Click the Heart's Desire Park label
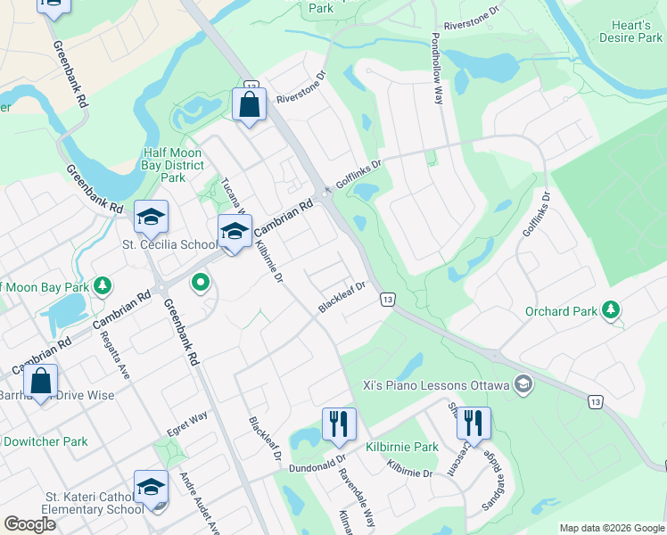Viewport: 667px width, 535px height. (x=630, y=31)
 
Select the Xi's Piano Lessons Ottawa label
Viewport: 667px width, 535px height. (x=435, y=386)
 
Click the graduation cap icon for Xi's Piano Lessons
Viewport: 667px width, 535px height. (x=523, y=385)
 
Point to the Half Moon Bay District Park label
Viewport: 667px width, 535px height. (x=172, y=165)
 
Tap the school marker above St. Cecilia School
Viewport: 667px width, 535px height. (x=151, y=217)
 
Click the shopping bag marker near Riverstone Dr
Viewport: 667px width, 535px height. (x=250, y=104)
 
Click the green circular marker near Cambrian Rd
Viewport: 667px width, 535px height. (x=201, y=284)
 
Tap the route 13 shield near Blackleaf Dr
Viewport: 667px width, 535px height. (x=387, y=299)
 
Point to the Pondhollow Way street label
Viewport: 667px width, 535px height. (x=437, y=70)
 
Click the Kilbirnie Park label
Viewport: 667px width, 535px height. (x=401, y=446)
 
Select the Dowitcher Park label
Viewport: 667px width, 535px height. (x=45, y=441)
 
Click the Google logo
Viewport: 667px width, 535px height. (x=29, y=524)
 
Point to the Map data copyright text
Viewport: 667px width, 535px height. (x=611, y=528)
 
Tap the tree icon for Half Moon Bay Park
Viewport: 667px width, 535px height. (x=103, y=284)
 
